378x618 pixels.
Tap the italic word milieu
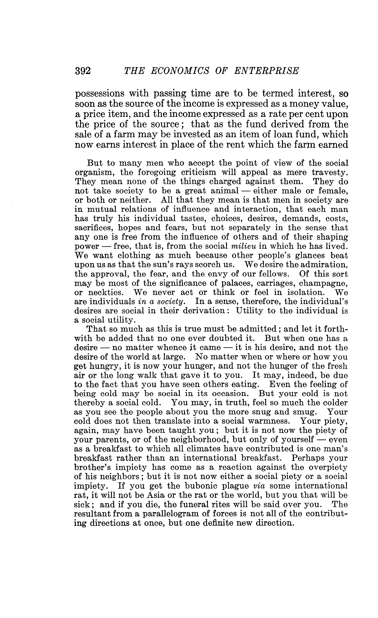pyautogui.click(x=243, y=246)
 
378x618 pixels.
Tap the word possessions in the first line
pyautogui.click(x=100, y=94)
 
